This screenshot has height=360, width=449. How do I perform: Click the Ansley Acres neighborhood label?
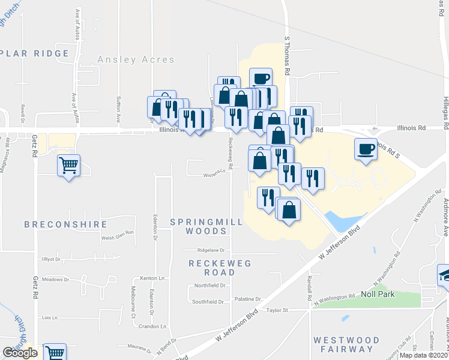(x=136, y=60)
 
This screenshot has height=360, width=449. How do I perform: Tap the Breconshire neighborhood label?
(x=66, y=224)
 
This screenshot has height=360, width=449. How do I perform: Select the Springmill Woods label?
(x=206, y=226)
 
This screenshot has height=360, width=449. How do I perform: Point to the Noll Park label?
(x=376, y=294)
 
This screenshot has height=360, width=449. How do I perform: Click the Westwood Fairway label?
(x=347, y=344)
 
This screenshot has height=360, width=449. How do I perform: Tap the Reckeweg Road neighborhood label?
(x=220, y=268)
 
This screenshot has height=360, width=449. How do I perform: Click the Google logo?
(x=20, y=353)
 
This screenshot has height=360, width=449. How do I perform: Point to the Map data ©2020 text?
(x=423, y=355)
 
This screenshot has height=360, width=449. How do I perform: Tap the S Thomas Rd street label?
(x=288, y=55)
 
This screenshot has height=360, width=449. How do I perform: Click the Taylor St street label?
(x=278, y=310)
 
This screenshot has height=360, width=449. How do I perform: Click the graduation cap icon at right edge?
(x=444, y=275)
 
